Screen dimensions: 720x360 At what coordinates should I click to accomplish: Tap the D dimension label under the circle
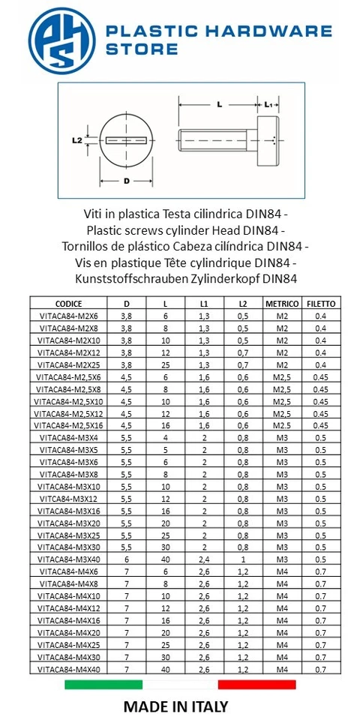pos(127,181)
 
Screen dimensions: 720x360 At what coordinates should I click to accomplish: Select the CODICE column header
pos(68,304)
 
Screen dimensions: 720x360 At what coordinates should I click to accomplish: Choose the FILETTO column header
pos(320,304)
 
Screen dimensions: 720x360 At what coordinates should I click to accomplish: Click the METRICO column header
pos(281,304)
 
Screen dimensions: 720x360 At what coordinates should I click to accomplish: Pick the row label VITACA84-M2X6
pos(68,316)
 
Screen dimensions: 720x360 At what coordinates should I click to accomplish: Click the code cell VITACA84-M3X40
pos(68,559)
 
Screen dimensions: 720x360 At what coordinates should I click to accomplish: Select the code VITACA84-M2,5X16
pos(68,425)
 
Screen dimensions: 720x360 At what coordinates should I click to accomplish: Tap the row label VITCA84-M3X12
pos(68,498)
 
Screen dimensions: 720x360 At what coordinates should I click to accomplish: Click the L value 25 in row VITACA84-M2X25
pos(166,364)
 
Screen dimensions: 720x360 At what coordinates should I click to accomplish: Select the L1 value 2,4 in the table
pos(204,559)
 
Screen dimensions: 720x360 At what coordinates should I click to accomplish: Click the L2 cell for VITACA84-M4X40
pos(242,668)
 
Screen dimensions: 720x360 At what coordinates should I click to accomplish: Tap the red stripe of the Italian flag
pos(256,684)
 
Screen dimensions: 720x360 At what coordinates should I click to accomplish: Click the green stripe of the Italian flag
pos(103,684)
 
